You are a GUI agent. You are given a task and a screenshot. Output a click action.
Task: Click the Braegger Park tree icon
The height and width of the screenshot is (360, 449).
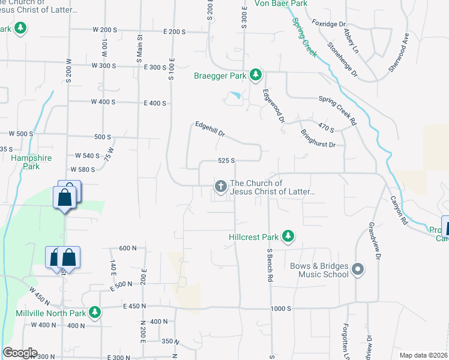[256, 74]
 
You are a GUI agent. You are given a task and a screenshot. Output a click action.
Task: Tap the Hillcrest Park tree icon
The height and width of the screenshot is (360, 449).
[289, 236]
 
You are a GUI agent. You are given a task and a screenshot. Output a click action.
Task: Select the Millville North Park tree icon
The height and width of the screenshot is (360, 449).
[94, 313]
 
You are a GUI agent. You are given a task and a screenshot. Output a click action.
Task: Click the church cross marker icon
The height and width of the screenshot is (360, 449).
[220, 187]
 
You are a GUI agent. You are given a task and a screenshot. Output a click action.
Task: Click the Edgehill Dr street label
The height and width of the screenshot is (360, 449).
[209, 129]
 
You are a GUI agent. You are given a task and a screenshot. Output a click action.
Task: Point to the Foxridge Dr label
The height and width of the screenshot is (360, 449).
[330, 25]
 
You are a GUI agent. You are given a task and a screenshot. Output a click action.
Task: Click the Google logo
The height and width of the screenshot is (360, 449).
[20, 353]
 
